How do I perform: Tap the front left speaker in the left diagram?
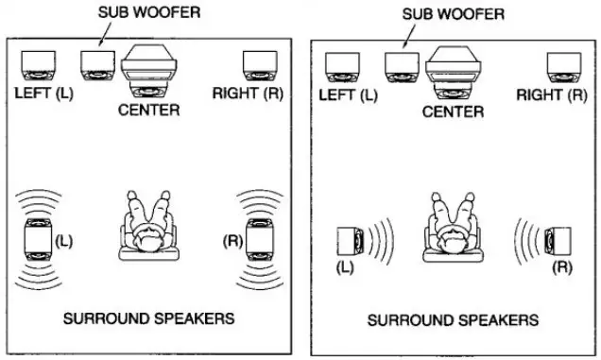[38, 65]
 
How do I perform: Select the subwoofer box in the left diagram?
[98, 64]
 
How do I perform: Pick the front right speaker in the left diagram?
[259, 65]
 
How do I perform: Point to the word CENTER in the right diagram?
[453, 111]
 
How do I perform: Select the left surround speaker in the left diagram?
[38, 242]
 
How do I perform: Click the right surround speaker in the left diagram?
[260, 242]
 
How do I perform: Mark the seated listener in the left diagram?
[148, 228]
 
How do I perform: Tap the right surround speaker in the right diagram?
[558, 242]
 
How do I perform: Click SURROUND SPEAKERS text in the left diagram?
[148, 318]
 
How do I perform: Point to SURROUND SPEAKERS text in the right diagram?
[453, 319]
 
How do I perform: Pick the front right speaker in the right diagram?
[564, 65]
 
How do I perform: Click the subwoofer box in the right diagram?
[402, 65]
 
